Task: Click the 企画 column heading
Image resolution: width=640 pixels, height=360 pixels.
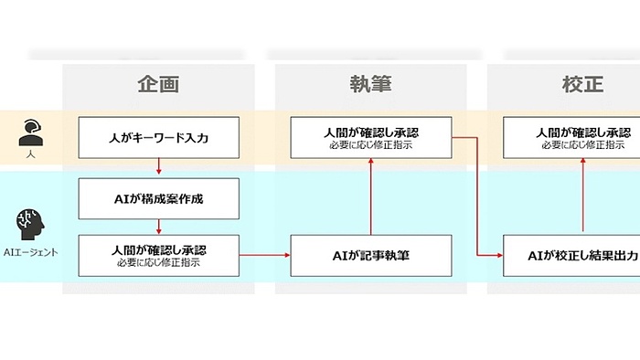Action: click(158, 84)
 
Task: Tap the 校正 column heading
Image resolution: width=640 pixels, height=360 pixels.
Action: click(582, 84)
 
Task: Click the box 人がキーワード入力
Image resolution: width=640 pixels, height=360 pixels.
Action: click(159, 138)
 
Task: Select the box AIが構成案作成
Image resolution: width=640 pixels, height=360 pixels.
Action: click(159, 196)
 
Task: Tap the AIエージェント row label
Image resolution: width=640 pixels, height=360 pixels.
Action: click(30, 253)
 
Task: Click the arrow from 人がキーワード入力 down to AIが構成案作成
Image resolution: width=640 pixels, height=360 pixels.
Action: click(159, 166)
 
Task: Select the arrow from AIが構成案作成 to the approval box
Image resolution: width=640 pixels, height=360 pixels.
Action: click(159, 224)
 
